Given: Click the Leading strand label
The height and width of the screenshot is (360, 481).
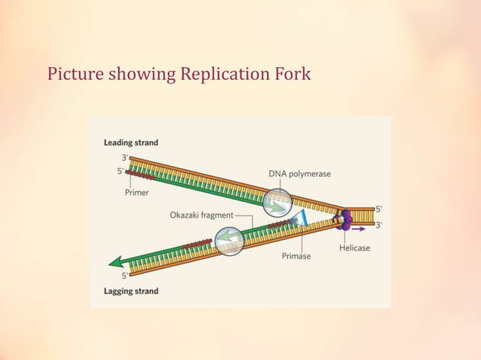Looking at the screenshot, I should point(130,142).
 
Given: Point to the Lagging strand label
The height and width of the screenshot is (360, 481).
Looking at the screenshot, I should point(130,291).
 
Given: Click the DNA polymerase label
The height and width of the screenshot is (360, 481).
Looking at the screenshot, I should point(299,174).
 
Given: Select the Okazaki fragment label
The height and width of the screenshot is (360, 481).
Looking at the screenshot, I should point(201,215).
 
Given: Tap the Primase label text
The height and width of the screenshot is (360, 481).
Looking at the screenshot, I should point(296,256).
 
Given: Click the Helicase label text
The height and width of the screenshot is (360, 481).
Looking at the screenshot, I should point(354,248).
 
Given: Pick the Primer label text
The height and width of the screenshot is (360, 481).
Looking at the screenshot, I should point(136,193).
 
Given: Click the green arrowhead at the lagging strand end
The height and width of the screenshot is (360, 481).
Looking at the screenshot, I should point(117,263).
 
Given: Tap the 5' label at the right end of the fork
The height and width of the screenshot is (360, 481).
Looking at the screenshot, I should point(378,209).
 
